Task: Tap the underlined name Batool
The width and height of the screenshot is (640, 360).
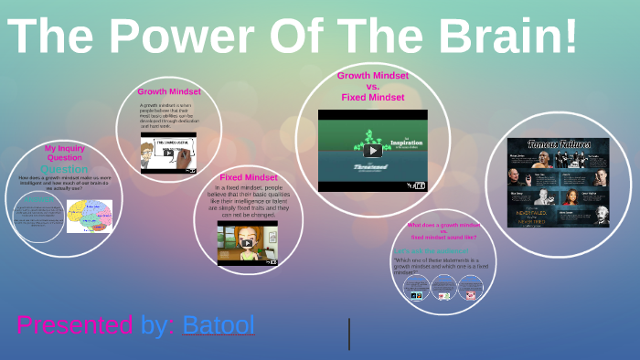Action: [219, 324]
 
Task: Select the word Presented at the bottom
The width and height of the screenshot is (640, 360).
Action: [75, 324]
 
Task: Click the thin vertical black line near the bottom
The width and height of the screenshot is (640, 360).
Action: [349, 334]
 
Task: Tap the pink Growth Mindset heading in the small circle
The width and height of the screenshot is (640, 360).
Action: [169, 91]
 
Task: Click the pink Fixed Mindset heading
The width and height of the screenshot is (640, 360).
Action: [249, 177]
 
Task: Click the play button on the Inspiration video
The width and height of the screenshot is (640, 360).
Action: [372, 151]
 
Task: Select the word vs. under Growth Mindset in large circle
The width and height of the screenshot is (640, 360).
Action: [372, 87]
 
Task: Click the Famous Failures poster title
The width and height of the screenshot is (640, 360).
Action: [558, 145]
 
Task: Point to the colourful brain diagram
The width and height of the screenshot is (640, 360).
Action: [90, 216]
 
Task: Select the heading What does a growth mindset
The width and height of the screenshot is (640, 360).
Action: [443, 225]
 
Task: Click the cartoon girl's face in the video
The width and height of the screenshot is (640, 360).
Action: [247, 241]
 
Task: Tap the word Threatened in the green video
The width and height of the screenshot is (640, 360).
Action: [372, 167]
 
